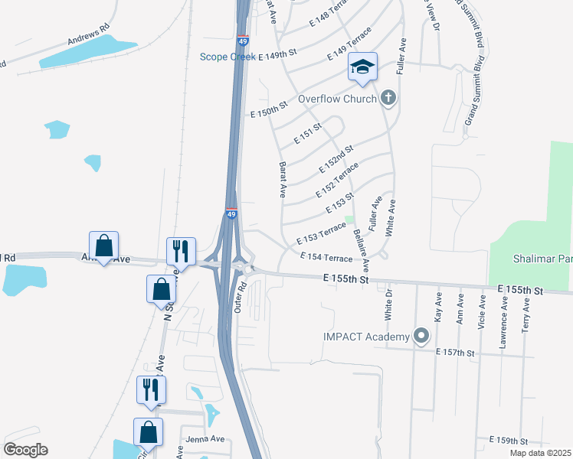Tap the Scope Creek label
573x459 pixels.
(x=227, y=56)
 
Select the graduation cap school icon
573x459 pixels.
(x=363, y=67)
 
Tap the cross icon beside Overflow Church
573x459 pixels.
(x=388, y=97)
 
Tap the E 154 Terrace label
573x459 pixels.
(x=326, y=258)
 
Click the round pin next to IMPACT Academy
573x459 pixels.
(x=421, y=335)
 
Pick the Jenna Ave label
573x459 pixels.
(x=205, y=439)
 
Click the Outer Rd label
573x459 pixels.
(x=239, y=297)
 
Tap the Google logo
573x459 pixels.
(x=25, y=450)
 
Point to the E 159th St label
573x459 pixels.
(x=509, y=441)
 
